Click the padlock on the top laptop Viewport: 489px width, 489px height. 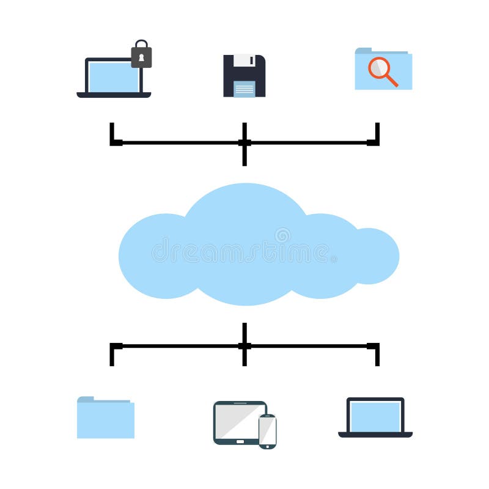(141, 56)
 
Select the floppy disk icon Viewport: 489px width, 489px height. (244, 76)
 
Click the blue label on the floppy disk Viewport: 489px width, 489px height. (244, 89)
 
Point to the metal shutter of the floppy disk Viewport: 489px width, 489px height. (244, 60)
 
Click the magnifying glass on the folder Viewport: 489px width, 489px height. (381, 68)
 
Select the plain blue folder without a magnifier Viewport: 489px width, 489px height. (106, 419)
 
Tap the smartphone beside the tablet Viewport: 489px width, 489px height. (267, 431)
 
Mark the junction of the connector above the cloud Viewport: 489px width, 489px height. (244, 143)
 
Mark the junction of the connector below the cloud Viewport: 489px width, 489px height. (244, 346)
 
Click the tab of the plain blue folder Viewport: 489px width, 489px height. (86, 399)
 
